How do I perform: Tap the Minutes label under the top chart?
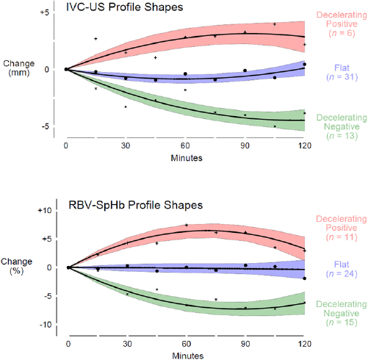coord(187,158)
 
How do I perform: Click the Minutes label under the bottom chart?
coord(187,356)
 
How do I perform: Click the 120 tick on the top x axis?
coord(304,145)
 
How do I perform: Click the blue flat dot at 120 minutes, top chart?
coord(304,65)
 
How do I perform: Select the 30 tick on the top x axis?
coord(126,145)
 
